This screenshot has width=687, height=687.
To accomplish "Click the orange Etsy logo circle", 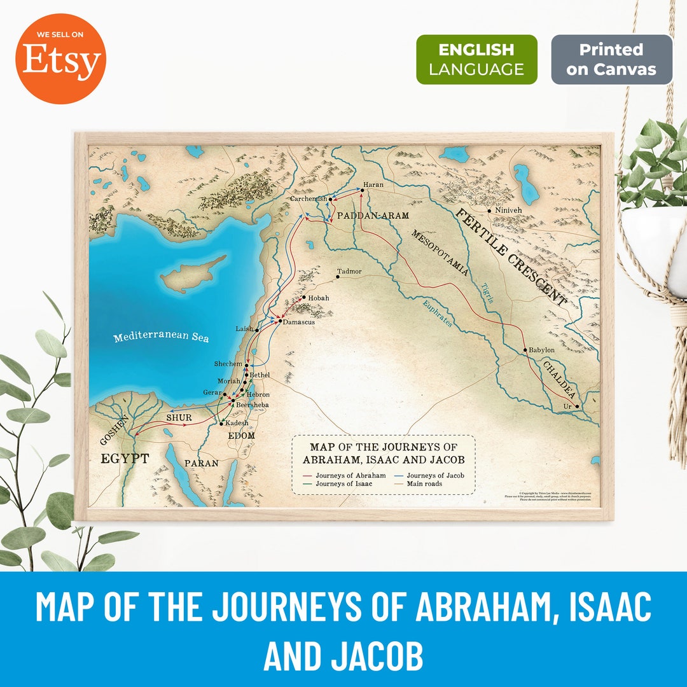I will pos(61,60).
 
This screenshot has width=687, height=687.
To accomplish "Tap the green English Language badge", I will pos(476,59).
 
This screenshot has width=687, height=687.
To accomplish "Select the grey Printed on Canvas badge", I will pos(611,59).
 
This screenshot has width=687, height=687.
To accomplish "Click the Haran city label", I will pos(373,184).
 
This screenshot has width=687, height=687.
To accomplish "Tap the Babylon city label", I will pos(542,350).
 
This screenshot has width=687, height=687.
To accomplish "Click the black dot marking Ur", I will pos(577,406).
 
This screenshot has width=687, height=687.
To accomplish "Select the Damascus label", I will pos(299,323).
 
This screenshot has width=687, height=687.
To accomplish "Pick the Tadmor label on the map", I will pos(349,272).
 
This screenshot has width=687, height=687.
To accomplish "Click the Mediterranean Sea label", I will pos(161,337).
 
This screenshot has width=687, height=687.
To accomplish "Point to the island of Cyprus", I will pos(191,275).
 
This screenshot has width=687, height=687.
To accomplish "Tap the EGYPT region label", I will pos(125,459).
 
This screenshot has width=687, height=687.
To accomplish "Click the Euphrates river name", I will pos(438,314).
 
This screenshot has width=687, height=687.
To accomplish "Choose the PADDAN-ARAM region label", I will pos(373,216).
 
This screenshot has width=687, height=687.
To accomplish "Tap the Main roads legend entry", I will pos(424,484).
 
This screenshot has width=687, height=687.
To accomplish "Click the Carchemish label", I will pos(308,199).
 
